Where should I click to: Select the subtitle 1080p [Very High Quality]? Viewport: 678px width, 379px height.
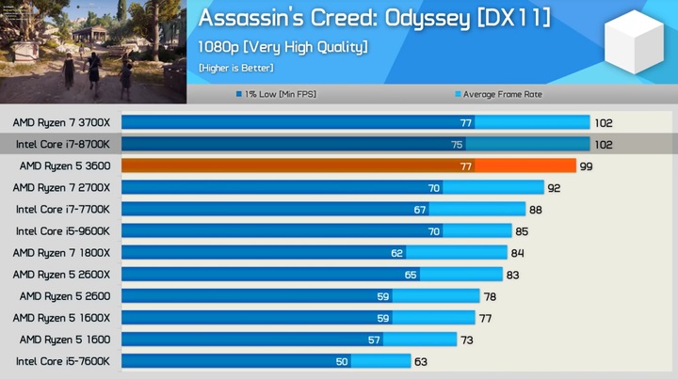[282, 47]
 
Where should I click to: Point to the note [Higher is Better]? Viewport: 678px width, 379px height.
[235, 68]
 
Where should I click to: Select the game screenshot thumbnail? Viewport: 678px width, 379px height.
[92, 51]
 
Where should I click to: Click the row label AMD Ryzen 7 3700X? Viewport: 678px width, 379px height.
[61, 122]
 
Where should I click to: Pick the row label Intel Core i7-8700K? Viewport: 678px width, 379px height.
[63, 144]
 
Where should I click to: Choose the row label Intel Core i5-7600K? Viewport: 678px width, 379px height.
[63, 361]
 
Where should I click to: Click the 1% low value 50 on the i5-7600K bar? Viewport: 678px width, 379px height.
[341, 361]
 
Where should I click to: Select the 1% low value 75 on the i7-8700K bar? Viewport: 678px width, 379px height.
[457, 144]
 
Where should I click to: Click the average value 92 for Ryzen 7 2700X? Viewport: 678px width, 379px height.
[555, 187]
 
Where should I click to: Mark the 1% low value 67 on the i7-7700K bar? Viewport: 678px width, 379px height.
[420, 209]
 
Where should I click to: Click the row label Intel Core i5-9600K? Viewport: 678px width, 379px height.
[63, 230]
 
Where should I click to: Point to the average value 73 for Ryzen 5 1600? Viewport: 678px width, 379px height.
[468, 340]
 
